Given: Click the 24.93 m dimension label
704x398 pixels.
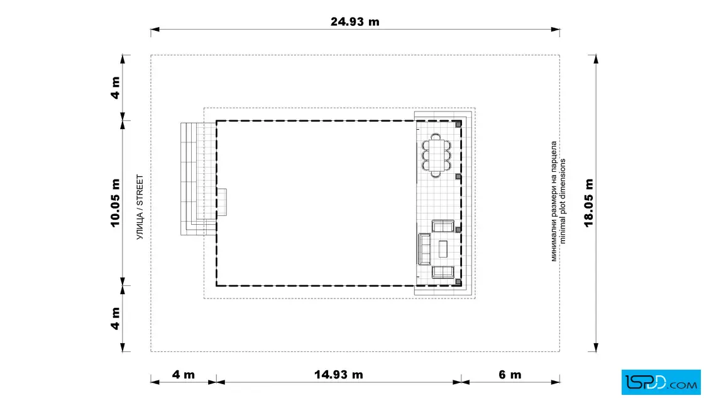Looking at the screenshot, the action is [355, 21].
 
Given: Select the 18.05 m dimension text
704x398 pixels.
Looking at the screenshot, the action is [588, 203].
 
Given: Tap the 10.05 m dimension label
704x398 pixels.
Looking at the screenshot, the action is [116, 203].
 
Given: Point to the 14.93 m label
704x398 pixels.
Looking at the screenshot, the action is [339, 375].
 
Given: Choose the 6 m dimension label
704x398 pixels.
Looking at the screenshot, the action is [510, 375].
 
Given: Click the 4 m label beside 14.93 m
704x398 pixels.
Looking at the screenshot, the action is [183, 375].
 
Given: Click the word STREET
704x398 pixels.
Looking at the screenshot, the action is [140, 190].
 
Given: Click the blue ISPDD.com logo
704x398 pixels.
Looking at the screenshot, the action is [661, 382].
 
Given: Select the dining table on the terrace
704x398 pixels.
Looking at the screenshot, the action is [436, 156].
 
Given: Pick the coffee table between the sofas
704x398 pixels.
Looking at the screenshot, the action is [443, 249].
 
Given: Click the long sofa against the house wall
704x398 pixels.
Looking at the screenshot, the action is [424, 249].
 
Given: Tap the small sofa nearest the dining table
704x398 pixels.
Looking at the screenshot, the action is [443, 225].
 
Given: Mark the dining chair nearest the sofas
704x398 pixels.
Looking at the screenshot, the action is [436, 174].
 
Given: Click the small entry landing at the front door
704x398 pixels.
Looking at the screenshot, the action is [222, 202].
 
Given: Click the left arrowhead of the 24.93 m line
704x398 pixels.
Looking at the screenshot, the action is [155, 30].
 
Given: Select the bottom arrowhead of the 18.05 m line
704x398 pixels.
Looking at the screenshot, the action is [596, 347].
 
